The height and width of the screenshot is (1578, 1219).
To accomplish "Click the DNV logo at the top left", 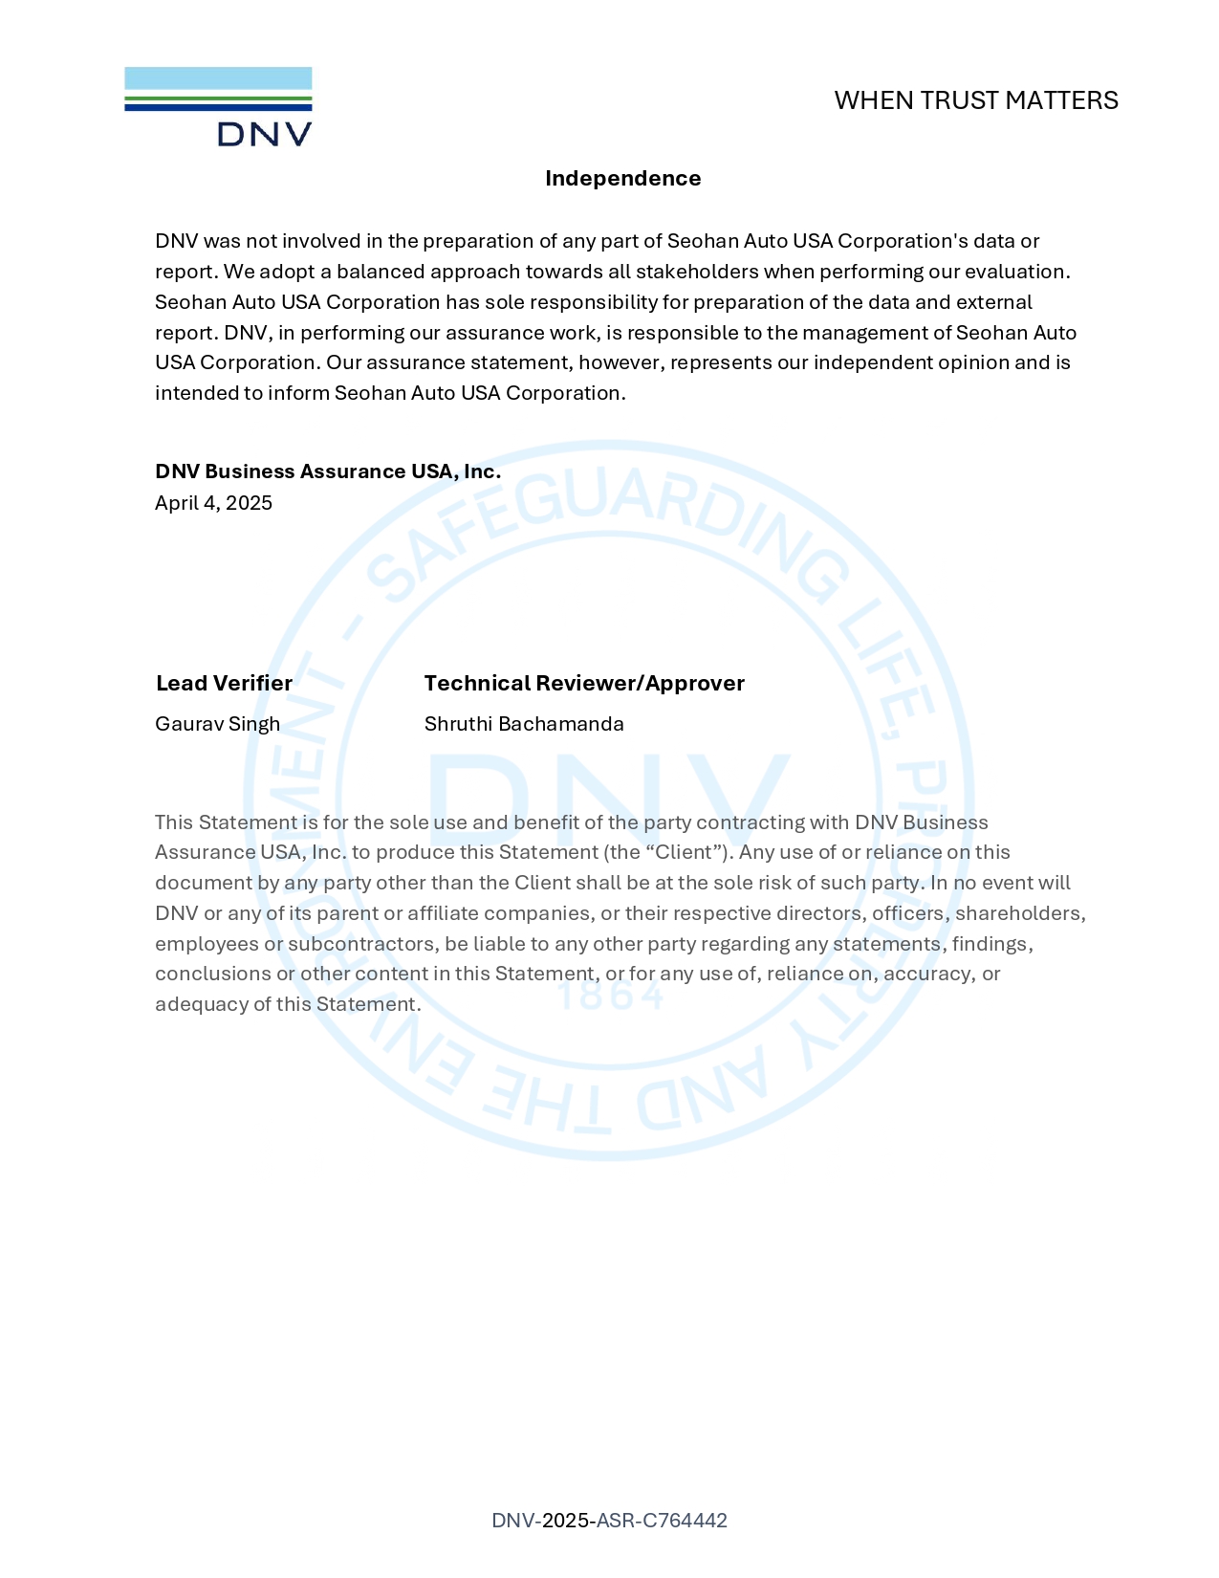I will pos(218,106).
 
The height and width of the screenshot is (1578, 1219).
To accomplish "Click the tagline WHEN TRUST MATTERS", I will pos(975,100).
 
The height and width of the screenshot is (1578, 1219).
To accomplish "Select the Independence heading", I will pos(622,179).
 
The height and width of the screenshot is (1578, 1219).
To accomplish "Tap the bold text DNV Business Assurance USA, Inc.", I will pos(328,471).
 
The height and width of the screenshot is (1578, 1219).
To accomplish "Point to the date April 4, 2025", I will pos(213,503).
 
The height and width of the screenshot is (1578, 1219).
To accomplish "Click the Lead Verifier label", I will pos(224,683).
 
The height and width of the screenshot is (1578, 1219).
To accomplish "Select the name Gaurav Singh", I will pos(217,724).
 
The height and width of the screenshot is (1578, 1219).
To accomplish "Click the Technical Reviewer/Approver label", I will pos(583,683).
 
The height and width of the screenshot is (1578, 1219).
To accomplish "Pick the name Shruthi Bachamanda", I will pos(524,724).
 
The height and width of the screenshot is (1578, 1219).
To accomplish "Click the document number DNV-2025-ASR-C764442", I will pos(609,1521).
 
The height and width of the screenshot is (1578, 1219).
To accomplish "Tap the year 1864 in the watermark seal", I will pos(611,997).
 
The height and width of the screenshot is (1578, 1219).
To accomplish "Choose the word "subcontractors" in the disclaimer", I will pos(363,944).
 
